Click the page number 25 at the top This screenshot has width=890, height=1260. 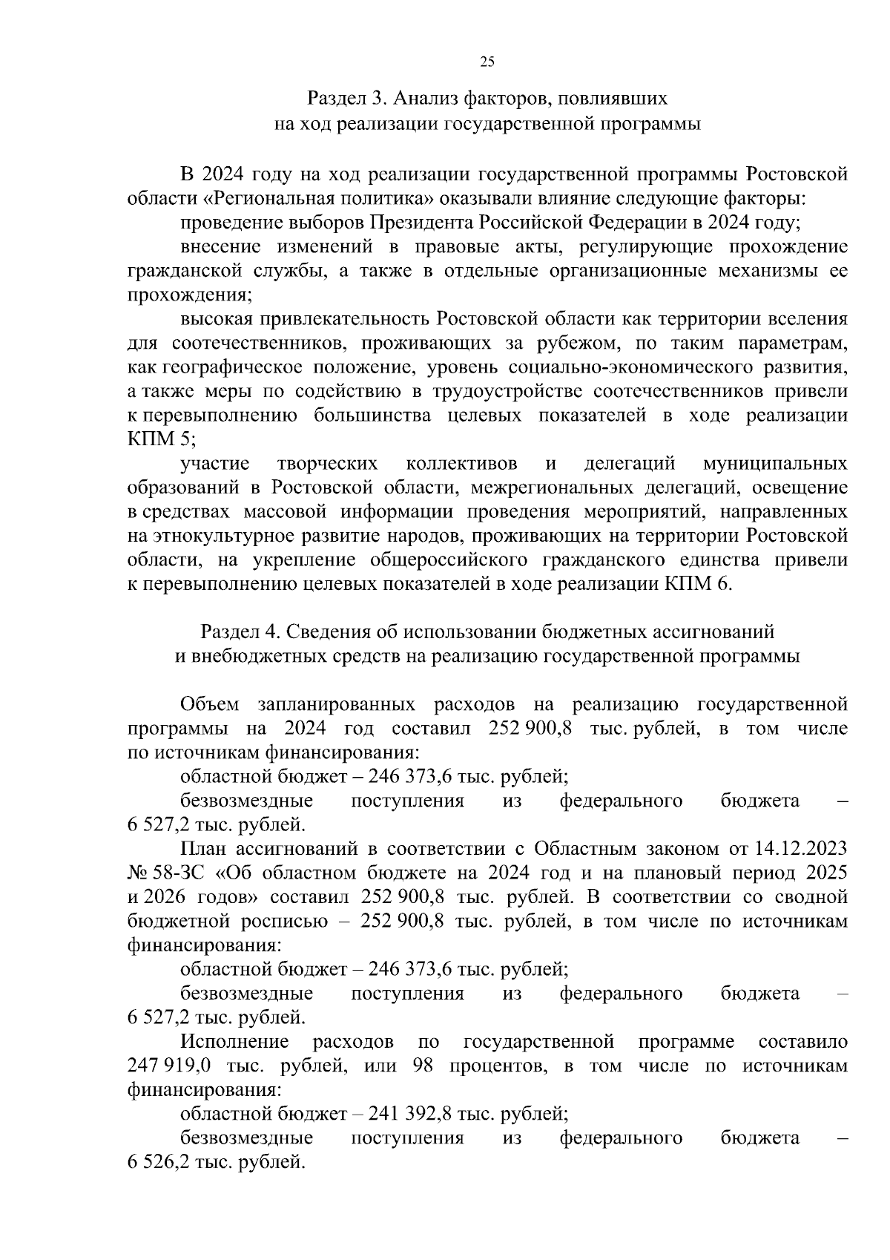click(487, 62)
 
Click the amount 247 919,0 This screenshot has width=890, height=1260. click(170, 1066)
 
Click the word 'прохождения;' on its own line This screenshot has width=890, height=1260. click(190, 295)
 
